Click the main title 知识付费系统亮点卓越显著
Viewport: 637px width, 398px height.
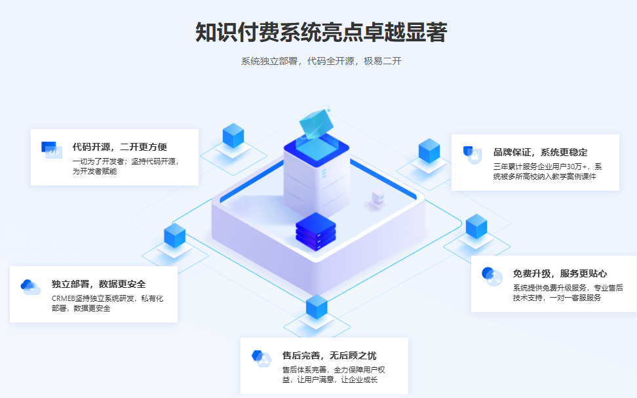click(321, 32)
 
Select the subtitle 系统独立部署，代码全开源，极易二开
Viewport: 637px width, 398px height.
click(321, 61)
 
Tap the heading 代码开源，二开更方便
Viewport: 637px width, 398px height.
click(119, 147)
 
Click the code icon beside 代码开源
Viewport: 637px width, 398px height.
click(52, 150)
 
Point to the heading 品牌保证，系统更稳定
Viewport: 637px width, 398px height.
click(540, 152)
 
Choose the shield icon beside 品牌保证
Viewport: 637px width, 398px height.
click(472, 155)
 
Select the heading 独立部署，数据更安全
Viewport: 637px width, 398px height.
click(98, 284)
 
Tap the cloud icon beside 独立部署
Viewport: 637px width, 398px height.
click(30, 287)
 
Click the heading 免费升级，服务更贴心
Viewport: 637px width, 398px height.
click(560, 273)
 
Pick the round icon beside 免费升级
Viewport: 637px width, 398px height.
click(492, 276)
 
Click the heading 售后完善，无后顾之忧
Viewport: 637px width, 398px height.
click(329, 355)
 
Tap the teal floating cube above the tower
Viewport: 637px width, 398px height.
click(315, 122)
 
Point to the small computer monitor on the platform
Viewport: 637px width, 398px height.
click(377, 198)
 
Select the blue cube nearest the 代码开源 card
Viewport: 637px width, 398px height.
click(233, 136)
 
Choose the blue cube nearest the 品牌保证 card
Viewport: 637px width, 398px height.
click(429, 151)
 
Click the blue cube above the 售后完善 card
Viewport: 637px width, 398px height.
click(317, 307)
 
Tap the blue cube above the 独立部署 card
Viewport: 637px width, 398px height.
click(175, 235)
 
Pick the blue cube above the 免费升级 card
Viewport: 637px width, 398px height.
click(476, 226)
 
